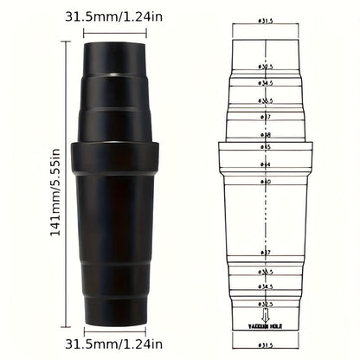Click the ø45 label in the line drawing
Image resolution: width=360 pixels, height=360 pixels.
pos(266,146)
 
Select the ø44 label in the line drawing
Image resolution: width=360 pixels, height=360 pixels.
pos(266,164)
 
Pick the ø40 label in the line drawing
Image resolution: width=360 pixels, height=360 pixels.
pos(266,182)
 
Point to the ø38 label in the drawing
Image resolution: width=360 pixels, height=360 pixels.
pos(266,135)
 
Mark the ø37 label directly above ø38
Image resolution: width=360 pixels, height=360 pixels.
pos(266,118)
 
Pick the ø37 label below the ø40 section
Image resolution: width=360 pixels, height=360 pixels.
pos(266,252)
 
